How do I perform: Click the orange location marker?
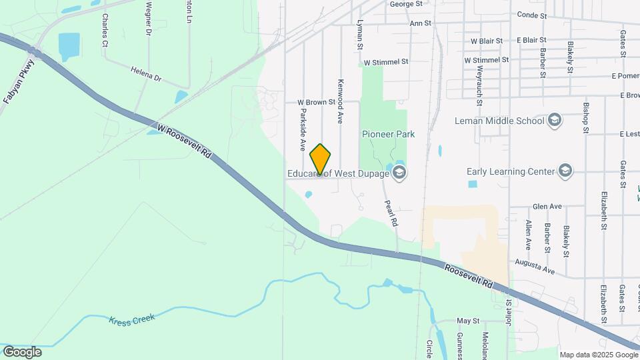click(x=321, y=159)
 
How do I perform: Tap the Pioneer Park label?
click(x=388, y=134)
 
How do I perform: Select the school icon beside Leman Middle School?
click(x=555, y=120)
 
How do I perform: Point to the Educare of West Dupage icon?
click(x=399, y=174)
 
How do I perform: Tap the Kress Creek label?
click(x=132, y=319)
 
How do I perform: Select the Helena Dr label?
click(x=146, y=73)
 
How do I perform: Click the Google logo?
click(x=21, y=352)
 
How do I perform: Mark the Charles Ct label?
click(x=105, y=30)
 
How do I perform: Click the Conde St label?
click(x=532, y=15)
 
